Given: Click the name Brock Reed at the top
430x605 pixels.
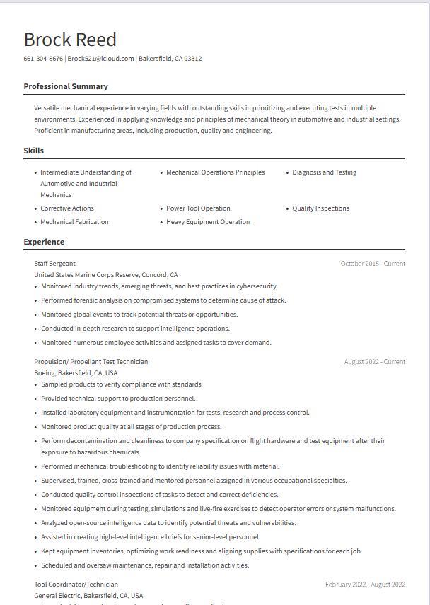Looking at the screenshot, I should (70, 40).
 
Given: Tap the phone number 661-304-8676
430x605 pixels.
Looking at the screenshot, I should (43, 59).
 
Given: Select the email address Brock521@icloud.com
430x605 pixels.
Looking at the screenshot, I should (100, 59).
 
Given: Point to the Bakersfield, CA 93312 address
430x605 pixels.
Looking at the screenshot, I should (170, 59).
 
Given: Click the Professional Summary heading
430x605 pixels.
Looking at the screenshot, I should (66, 86).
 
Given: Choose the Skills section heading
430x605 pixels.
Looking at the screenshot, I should (34, 151).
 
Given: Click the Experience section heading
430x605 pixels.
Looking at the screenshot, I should (44, 242).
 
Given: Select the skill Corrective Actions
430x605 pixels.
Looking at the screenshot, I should (67, 208).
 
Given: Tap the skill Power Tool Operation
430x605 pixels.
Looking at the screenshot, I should (198, 208).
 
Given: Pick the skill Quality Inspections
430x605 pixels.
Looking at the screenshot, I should (320, 208).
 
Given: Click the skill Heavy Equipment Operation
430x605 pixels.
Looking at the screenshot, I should (208, 222).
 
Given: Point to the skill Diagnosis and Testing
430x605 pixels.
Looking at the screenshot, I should (324, 172).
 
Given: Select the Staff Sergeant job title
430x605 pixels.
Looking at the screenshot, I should (54, 264).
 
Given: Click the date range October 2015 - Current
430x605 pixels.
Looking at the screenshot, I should (373, 264).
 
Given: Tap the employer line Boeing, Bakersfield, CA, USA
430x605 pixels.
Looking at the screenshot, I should (76, 372).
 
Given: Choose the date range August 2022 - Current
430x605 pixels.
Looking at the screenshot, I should (374, 362).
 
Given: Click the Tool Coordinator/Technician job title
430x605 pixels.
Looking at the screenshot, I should (76, 585).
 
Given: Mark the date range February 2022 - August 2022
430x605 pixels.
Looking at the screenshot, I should (365, 585).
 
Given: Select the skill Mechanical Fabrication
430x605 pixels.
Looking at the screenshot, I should (74, 222).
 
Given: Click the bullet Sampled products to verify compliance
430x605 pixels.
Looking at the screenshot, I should (121, 384).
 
